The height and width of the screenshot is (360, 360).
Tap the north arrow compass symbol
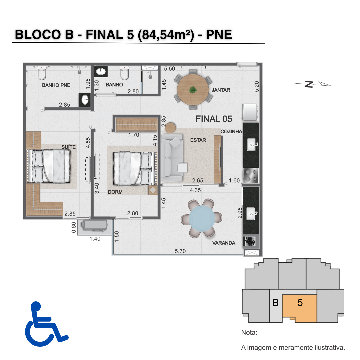313,84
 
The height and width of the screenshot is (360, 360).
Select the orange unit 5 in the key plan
300,308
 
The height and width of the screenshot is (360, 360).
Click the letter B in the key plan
275,303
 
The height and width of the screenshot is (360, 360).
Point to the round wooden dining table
193,90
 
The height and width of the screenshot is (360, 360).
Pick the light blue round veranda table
202,218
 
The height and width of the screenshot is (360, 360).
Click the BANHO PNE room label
56,85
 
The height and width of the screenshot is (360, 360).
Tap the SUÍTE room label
68,147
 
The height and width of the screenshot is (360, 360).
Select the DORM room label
115,192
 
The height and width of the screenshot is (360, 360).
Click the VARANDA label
224,243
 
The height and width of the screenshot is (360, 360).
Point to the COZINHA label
231,132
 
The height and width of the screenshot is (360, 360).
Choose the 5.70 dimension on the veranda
180,251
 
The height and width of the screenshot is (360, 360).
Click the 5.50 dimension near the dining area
169,69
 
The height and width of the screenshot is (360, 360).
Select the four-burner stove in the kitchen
251,175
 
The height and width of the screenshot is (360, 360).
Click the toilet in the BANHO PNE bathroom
42,72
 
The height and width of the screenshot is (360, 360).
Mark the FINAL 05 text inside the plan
214,119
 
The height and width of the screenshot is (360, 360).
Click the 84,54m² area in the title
166,35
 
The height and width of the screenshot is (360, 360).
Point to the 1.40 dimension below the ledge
95,239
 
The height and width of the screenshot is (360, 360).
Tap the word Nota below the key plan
249,332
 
